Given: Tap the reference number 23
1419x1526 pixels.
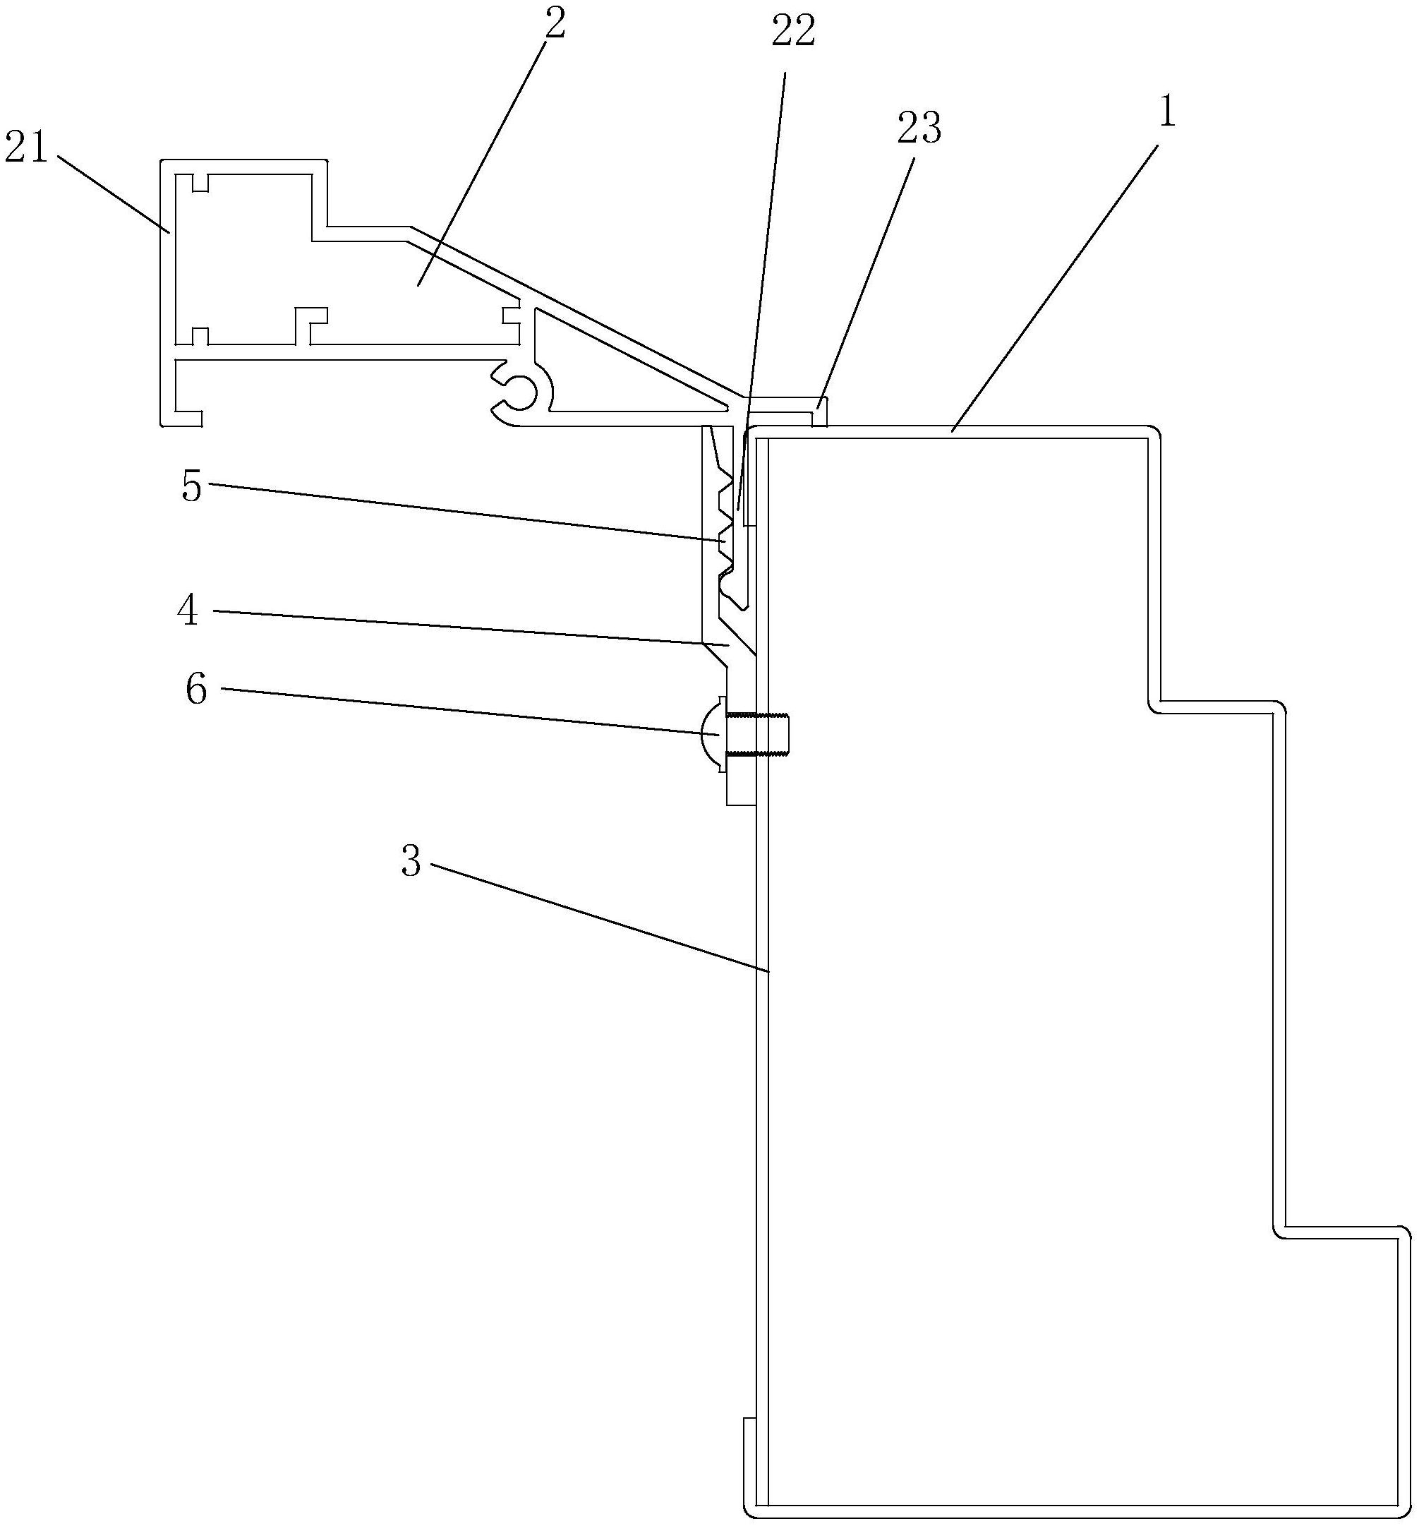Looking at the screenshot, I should point(919,128).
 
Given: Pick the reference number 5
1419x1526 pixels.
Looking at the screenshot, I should point(192,486).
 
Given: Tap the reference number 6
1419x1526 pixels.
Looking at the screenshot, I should point(196,690).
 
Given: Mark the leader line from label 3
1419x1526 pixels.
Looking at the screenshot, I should point(598,918).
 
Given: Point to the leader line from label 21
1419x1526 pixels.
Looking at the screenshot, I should point(111,192).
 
